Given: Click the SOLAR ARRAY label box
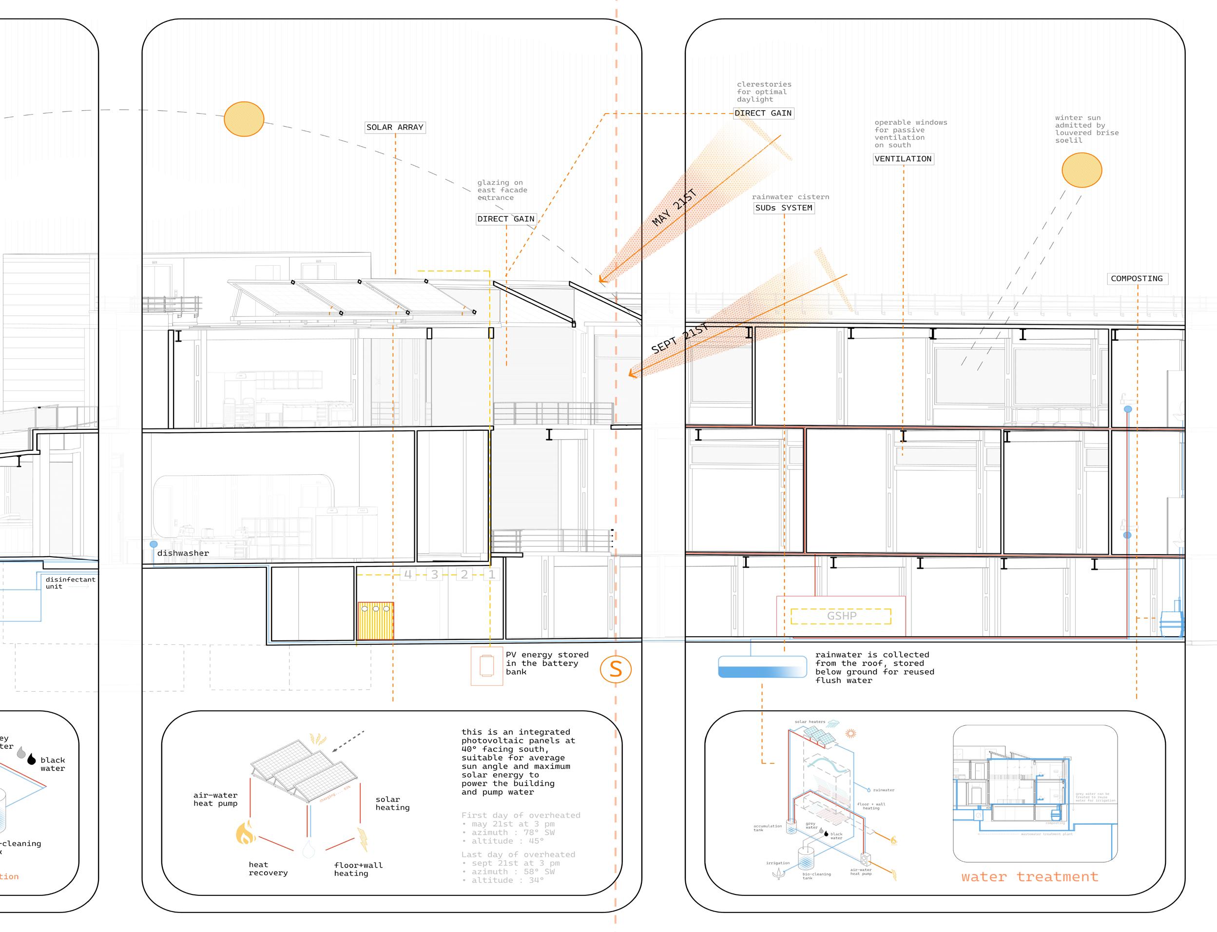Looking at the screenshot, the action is tap(394, 128).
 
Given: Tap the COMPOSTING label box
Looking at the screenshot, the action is tap(1137, 278).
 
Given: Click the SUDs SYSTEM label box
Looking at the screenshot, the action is tap(783, 208).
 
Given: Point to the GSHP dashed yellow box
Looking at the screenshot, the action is tap(841, 616).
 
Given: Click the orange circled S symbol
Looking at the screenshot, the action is tap(616, 669).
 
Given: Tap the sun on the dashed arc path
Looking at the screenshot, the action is tap(244, 119).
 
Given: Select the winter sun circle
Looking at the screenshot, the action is tap(1082, 170).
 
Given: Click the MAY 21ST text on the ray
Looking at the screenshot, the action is tap(674, 208).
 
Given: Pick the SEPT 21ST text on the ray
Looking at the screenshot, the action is tap(679, 339).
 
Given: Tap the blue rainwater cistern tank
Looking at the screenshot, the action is tap(762, 667).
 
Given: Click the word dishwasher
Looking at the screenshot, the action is tap(183, 553).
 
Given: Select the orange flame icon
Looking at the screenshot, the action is tap(245, 833).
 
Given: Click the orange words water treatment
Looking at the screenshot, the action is tap(1029, 877).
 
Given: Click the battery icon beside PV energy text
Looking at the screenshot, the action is tap(486, 666).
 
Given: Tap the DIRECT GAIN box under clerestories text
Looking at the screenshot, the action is tap(763, 113).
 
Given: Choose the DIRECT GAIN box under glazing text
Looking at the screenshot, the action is tap(506, 219).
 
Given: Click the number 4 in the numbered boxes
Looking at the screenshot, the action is tap(408, 575).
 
